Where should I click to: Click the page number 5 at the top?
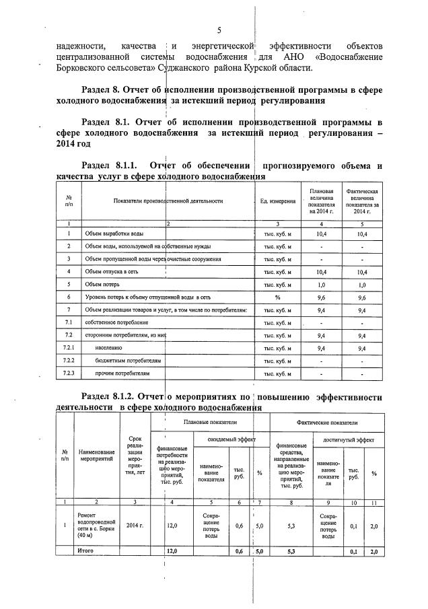click(219, 30)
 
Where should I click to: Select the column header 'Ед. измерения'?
click(277, 201)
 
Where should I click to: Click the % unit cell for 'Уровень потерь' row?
click(277, 296)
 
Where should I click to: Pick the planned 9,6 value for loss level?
click(321, 296)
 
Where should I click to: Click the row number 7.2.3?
click(69, 372)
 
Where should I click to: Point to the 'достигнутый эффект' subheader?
click(348, 438)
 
